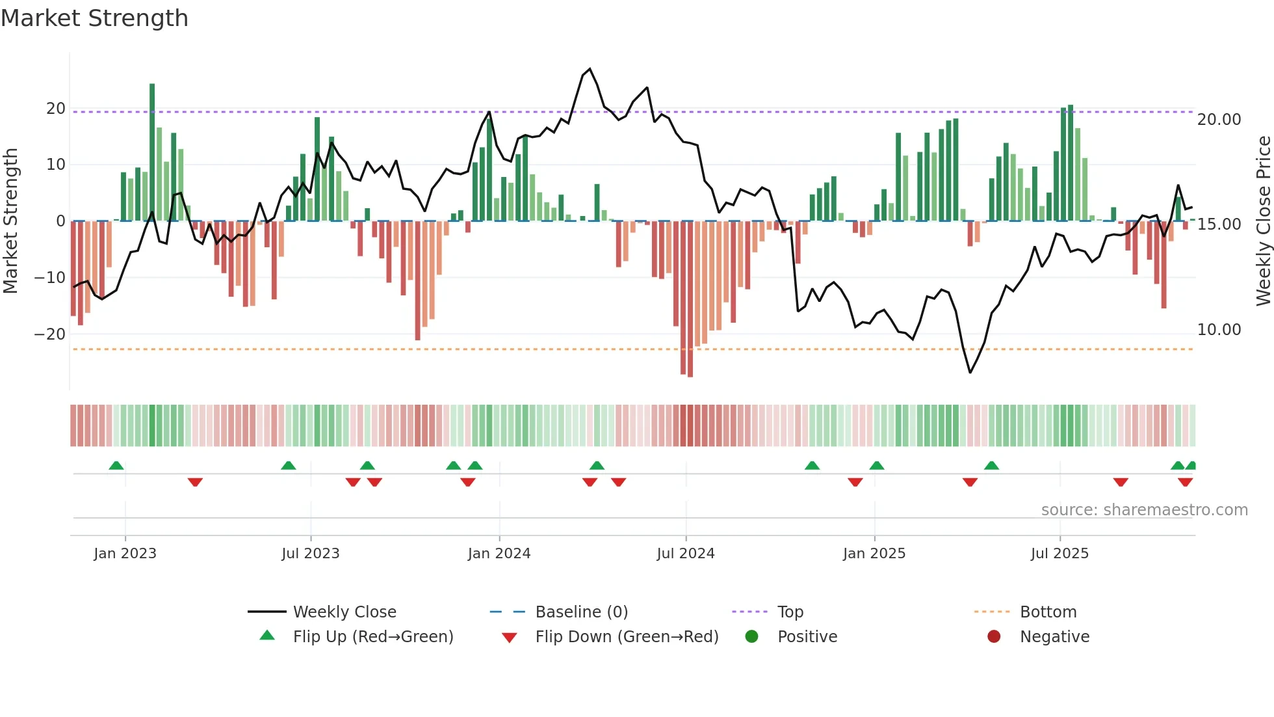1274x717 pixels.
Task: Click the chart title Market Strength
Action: click(x=94, y=18)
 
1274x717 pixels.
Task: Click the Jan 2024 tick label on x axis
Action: click(x=499, y=554)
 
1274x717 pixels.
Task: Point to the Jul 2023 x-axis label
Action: click(x=310, y=554)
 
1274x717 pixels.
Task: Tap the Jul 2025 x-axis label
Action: click(x=1059, y=554)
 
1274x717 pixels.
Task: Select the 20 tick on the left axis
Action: click(x=56, y=109)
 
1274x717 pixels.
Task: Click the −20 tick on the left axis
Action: click(x=50, y=334)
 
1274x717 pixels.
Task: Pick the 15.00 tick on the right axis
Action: click(x=1219, y=224)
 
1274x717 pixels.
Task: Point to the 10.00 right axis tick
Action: click(x=1219, y=330)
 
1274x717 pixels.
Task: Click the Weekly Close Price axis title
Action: click(x=1263, y=221)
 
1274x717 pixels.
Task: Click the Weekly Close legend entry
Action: click(x=344, y=612)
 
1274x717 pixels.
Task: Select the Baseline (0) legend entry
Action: click(x=581, y=612)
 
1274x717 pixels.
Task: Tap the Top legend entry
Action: click(x=790, y=612)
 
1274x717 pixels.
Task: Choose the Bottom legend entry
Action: click(x=1048, y=612)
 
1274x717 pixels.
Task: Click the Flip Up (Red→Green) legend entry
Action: click(x=372, y=637)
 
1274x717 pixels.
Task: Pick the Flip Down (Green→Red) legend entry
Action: click(x=627, y=637)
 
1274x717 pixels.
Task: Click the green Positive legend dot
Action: click(x=751, y=636)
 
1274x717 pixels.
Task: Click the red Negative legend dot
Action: click(x=994, y=636)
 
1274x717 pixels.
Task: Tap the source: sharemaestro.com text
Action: click(x=1144, y=510)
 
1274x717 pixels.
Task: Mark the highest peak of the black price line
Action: click(x=590, y=69)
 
